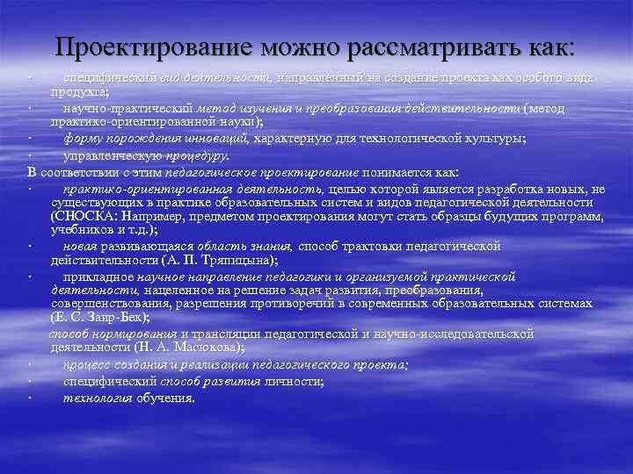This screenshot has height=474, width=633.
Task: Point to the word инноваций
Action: point(220,139)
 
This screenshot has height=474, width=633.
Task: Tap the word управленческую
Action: point(114,155)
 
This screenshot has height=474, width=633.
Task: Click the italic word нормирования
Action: point(135,334)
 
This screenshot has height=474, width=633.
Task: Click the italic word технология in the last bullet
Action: point(98,398)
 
